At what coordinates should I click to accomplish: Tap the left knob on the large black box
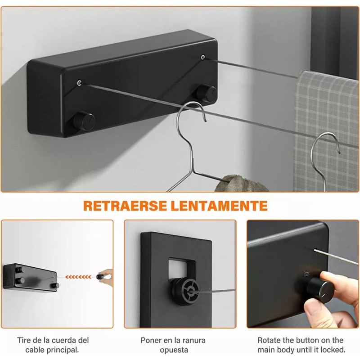click(84, 121)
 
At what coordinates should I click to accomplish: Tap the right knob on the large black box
click(207, 93)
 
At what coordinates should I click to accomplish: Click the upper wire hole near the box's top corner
click(203, 57)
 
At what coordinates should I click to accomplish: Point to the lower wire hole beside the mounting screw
click(80, 82)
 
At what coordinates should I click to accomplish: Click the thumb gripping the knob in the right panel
click(315, 309)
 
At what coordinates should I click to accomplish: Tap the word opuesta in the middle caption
click(174, 350)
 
